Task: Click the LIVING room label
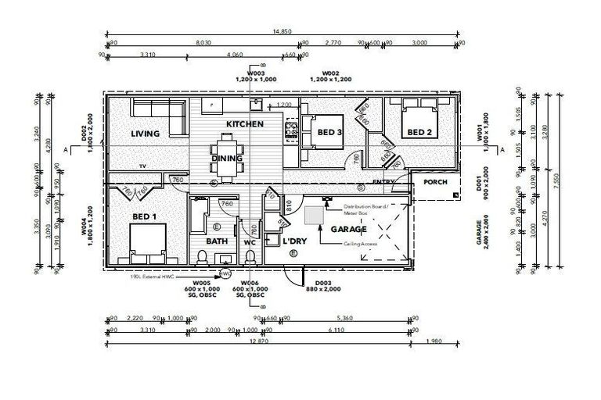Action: (146, 134)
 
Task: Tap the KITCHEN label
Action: (244, 125)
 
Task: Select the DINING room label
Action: (226, 159)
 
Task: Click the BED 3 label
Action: (329, 134)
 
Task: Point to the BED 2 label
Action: (418, 133)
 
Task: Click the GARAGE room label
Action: (348, 230)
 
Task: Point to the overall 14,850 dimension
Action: (283, 31)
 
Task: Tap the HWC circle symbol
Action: (226, 275)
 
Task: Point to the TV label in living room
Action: (142, 166)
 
